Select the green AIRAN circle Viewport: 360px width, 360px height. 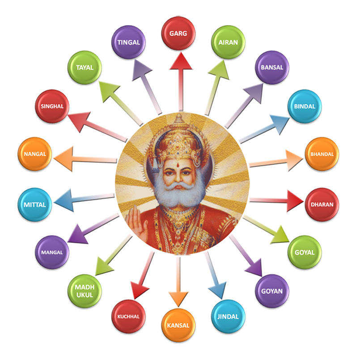[x=228, y=42]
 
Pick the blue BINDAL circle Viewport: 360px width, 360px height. [x=305, y=106]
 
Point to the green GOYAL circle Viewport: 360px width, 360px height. [x=305, y=252]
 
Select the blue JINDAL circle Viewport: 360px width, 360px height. [x=228, y=316]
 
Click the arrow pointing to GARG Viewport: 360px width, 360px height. [x=180, y=80]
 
